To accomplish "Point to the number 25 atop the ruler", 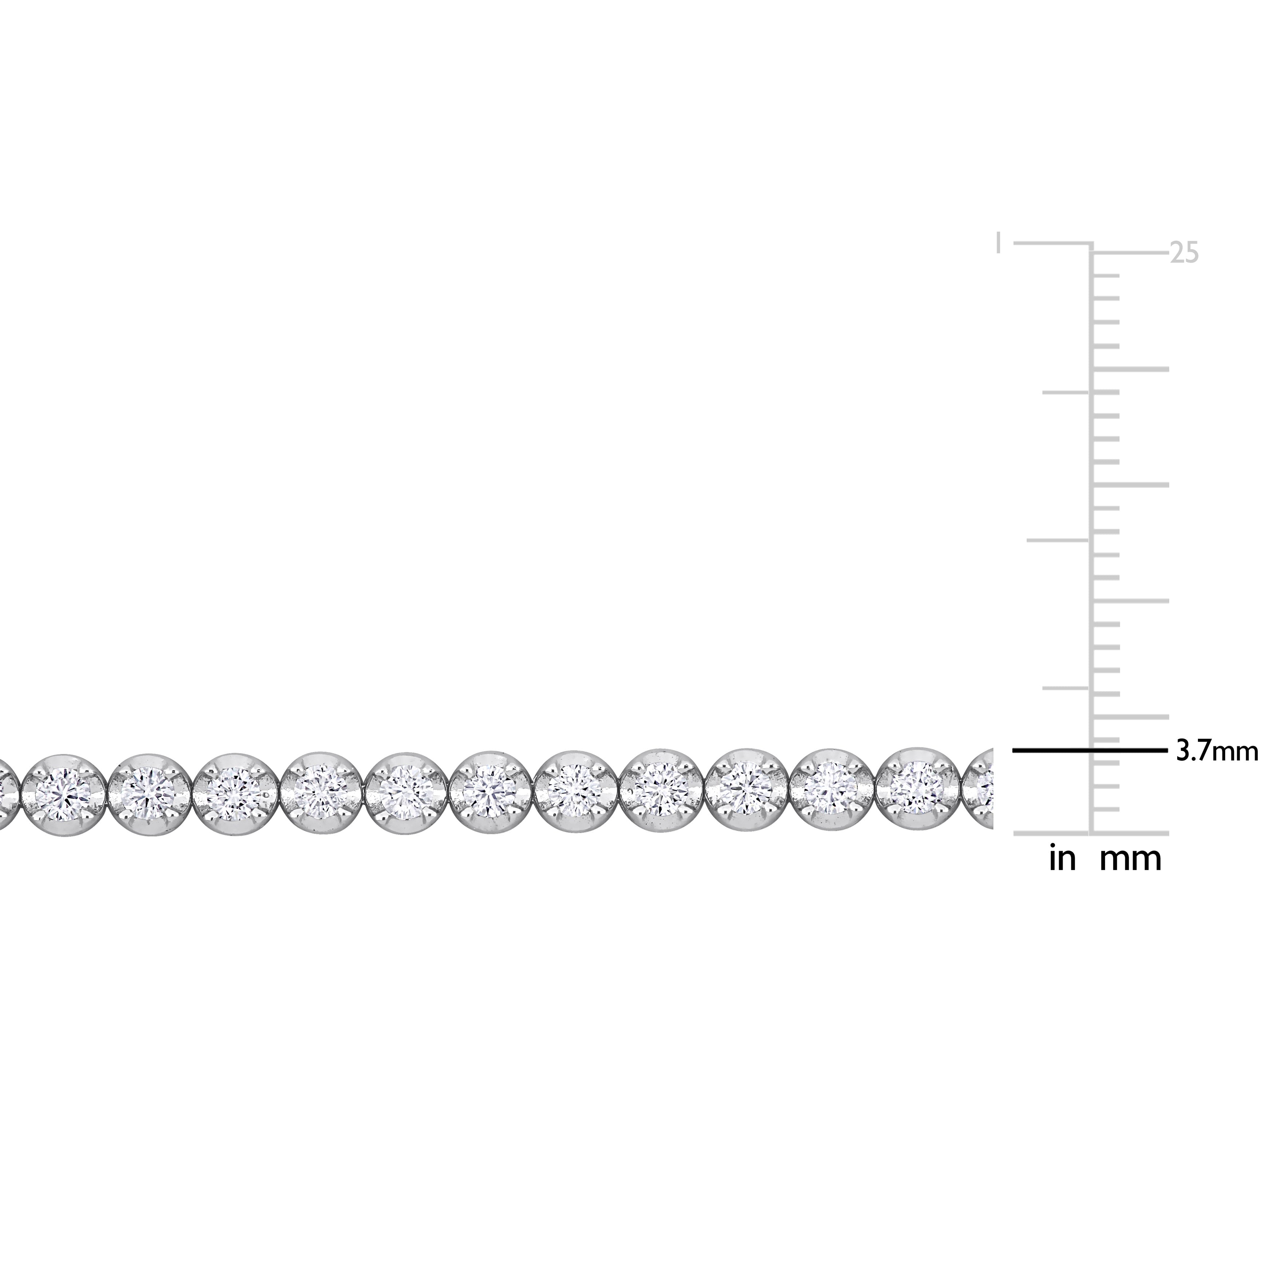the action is [1184, 253].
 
